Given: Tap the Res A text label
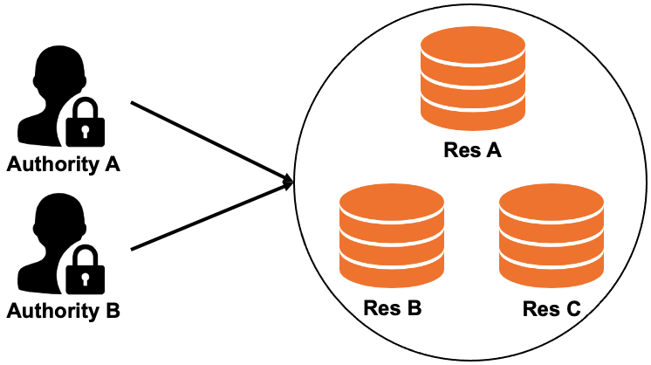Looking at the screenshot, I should (x=472, y=150).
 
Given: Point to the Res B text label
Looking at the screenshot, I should (x=393, y=309).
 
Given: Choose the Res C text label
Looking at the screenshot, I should (x=552, y=309).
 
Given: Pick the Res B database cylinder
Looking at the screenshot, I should (x=391, y=236).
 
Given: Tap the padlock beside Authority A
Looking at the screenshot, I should (x=85, y=123).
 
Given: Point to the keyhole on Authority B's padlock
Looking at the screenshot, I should (x=85, y=277).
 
